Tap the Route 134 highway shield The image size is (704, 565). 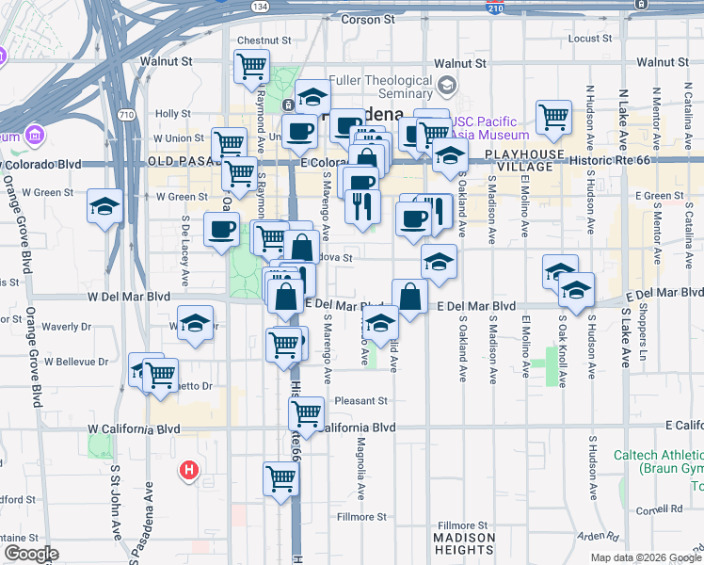pos(259,6)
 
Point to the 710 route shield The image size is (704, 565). pos(125,114)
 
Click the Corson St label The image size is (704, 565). pos(366,19)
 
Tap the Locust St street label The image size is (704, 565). pos(590,39)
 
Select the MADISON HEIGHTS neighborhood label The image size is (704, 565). pos(463,543)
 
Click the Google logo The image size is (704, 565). pos(31,554)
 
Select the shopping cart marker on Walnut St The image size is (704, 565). pos(251,67)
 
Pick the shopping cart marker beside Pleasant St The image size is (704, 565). pos(306,412)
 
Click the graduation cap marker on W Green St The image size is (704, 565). pos(104,206)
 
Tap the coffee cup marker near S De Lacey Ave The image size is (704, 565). pos(221,229)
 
